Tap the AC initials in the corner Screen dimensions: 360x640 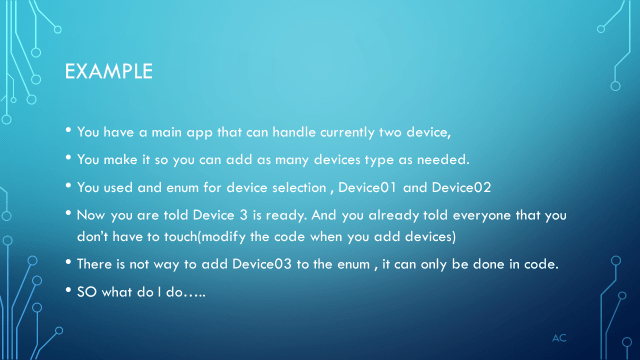560,338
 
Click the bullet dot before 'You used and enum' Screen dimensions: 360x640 68,185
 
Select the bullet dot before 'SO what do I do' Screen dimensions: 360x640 68,290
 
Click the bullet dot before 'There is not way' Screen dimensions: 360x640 68,264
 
